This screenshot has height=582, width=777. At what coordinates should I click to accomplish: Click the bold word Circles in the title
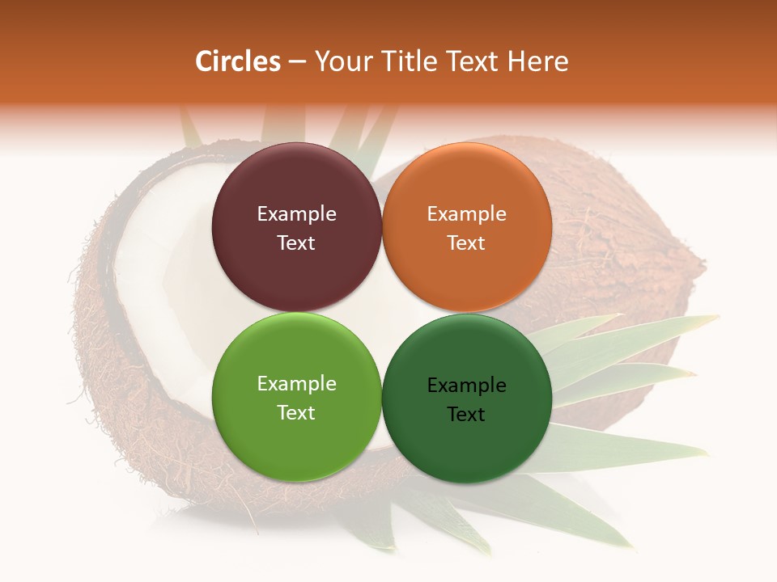[237, 61]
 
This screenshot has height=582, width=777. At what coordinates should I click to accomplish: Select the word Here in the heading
[537, 61]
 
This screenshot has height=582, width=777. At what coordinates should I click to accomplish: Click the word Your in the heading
[341, 61]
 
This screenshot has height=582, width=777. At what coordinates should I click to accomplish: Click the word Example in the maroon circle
[296, 214]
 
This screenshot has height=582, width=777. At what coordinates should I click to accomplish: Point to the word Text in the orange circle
[466, 242]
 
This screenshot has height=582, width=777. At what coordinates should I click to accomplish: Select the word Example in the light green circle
[296, 384]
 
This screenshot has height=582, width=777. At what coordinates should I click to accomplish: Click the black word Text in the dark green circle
[466, 414]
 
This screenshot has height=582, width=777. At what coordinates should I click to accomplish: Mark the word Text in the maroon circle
[296, 242]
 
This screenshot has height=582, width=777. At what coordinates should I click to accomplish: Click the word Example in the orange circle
[466, 214]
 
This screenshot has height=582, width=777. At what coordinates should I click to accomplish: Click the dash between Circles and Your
[297, 62]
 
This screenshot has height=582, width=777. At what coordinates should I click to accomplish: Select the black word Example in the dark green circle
[466, 386]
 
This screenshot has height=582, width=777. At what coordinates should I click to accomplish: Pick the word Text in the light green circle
[296, 412]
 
